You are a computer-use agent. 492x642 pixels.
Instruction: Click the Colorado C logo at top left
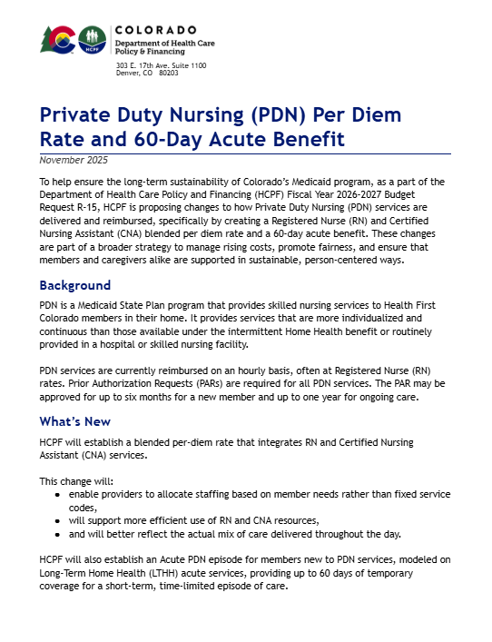60,39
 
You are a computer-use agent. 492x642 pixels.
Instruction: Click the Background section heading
75,285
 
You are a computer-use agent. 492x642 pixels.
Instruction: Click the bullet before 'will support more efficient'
58,521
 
